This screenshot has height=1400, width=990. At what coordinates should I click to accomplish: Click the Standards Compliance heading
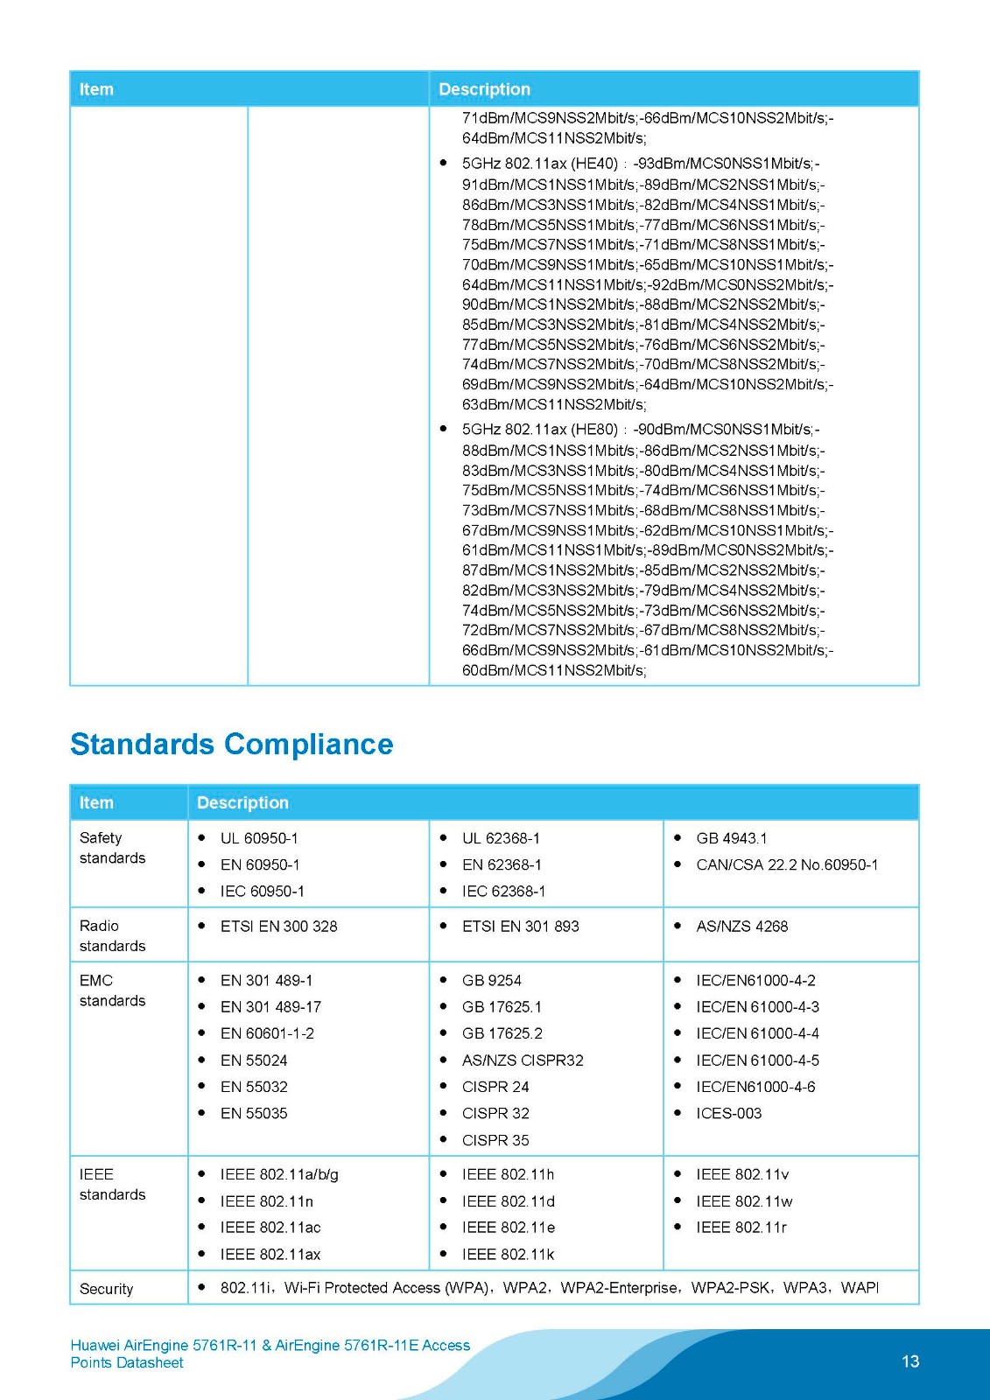[231, 744]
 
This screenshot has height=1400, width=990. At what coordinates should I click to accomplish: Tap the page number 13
[909, 1361]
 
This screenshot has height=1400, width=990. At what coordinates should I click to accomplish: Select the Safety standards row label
[112, 848]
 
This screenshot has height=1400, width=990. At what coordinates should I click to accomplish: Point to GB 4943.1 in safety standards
[731, 838]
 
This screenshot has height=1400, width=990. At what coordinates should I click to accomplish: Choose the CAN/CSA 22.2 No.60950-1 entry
[787, 864]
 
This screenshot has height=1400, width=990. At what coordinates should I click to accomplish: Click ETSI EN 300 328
[278, 926]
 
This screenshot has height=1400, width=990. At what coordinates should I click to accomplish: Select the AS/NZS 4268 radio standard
[741, 926]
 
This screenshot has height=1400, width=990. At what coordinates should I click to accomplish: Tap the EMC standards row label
[112, 990]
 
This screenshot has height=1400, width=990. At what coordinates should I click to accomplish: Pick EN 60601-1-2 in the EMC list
[267, 1033]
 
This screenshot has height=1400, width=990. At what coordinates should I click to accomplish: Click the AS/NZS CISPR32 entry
[523, 1060]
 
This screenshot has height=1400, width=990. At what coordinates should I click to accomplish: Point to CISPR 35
[495, 1140]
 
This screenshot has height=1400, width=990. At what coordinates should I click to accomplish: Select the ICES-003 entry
[728, 1113]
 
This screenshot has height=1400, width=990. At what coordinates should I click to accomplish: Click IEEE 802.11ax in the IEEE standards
[270, 1255]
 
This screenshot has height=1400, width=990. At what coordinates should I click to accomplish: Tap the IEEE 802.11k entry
[508, 1255]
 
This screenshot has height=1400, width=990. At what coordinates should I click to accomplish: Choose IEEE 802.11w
[744, 1201]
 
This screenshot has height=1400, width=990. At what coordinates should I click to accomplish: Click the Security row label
[106, 1289]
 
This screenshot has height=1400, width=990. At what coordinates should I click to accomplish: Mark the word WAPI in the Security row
[859, 1287]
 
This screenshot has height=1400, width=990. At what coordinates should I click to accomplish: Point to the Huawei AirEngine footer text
[270, 1354]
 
